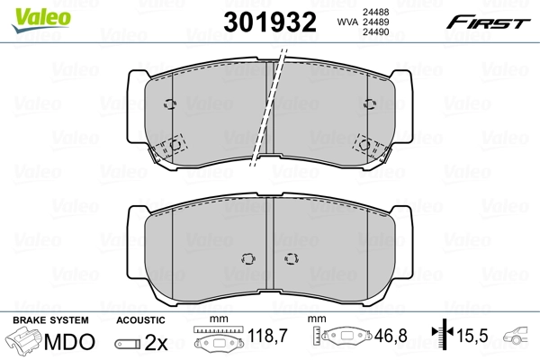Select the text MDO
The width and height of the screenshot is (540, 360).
[x=73, y=343]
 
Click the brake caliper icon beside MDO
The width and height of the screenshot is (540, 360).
[x=24, y=343]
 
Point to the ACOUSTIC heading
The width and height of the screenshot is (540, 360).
[x=141, y=320]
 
